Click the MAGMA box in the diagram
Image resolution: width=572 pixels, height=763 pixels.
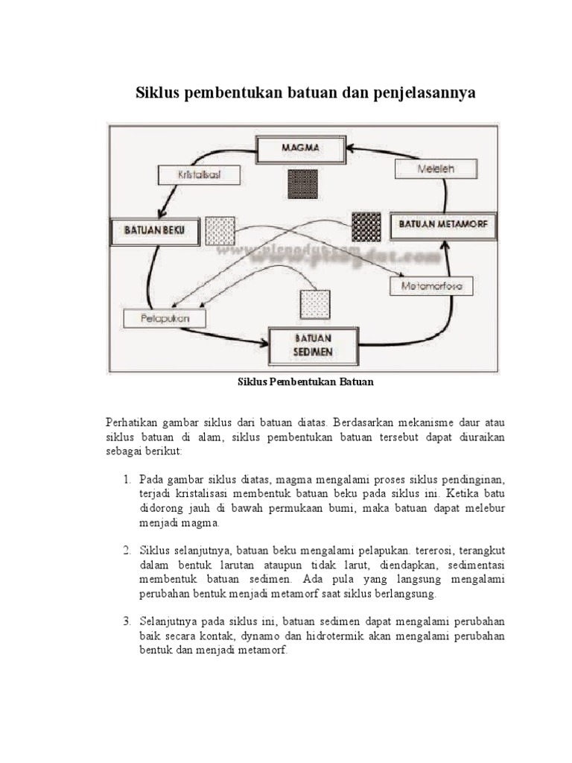click(x=300, y=148)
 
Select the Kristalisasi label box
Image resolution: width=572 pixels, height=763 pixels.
click(x=199, y=176)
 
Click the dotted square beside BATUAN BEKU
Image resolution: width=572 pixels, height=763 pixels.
click(x=220, y=230)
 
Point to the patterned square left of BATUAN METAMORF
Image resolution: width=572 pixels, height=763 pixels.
click(x=366, y=225)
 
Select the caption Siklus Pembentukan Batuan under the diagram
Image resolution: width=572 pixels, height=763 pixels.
click(x=304, y=382)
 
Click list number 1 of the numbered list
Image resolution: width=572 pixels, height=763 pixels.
click(x=127, y=478)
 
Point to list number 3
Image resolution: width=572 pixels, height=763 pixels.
click(x=127, y=621)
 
